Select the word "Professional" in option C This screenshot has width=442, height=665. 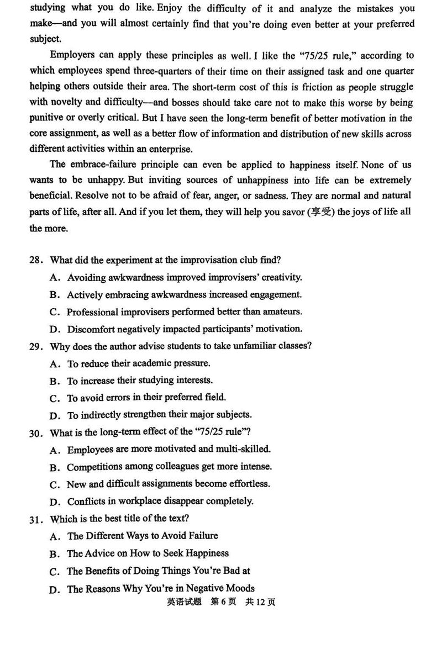coord(92,312)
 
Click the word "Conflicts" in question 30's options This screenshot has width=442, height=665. coord(87,502)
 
